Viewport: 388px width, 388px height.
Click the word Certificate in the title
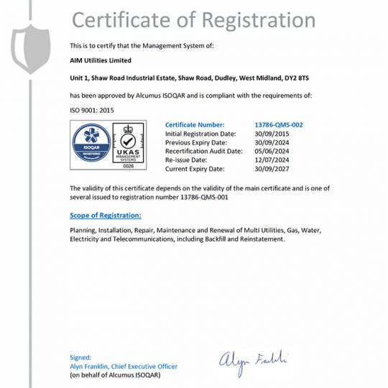[125, 19]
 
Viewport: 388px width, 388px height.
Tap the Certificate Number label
[195, 124]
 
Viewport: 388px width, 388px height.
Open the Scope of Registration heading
[106, 215]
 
